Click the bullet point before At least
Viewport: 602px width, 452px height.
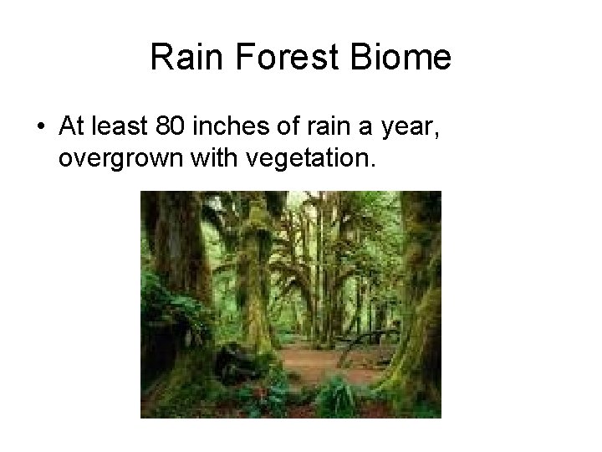41,126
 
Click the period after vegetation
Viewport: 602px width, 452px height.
376,162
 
